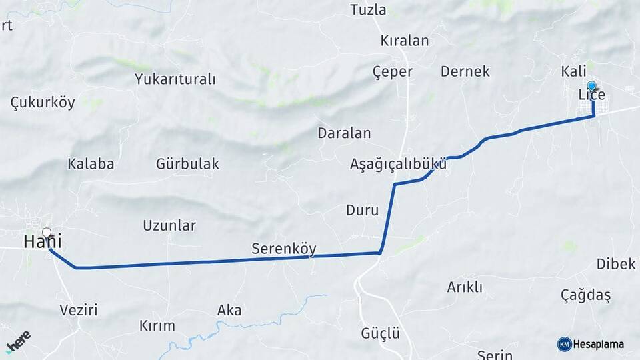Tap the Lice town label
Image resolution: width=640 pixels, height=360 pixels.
click(x=591, y=95)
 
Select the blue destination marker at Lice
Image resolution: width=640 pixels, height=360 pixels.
click(x=591, y=85)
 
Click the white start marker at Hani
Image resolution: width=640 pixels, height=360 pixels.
click(x=46, y=233)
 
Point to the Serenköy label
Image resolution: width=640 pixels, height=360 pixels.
click(x=283, y=249)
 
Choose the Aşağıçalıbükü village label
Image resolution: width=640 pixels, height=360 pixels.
click(x=398, y=164)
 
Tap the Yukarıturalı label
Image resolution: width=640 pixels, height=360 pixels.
click(x=175, y=79)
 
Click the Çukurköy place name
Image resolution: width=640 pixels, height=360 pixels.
click(x=43, y=103)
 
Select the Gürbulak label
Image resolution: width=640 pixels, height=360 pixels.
click(x=187, y=163)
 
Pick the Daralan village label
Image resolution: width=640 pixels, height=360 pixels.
click(x=344, y=133)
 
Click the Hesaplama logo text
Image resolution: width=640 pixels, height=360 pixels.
click(x=599, y=344)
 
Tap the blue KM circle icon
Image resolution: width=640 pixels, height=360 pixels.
click(x=564, y=344)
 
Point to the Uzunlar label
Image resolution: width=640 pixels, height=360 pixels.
click(x=169, y=225)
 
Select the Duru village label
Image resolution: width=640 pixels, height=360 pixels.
click(x=362, y=211)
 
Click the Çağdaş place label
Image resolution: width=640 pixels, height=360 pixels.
click(x=585, y=295)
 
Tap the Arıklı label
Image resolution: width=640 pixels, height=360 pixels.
click(x=465, y=287)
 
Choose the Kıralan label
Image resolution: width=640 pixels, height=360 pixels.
click(x=404, y=41)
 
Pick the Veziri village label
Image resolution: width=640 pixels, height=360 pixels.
click(x=79, y=310)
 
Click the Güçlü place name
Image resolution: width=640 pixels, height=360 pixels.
click(x=380, y=333)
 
